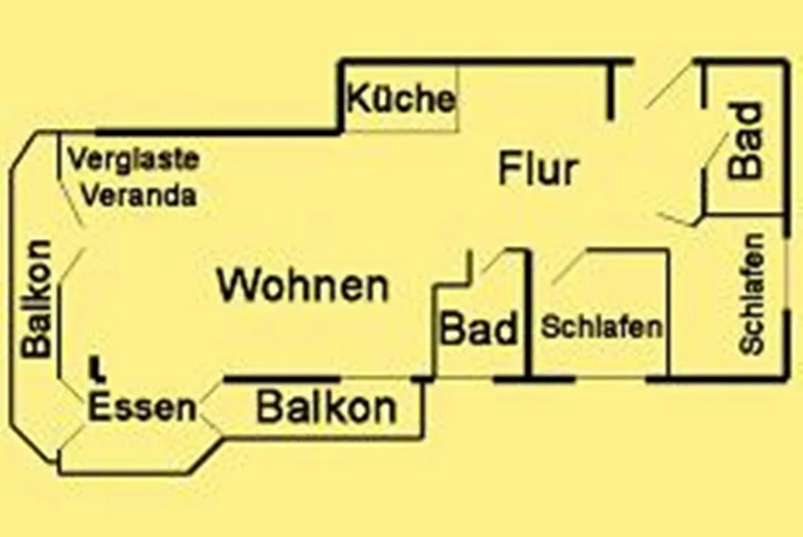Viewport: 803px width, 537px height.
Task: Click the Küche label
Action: coord(401,100)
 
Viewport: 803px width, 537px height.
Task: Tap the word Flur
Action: coord(538,170)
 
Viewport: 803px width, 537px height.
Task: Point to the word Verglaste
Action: coord(133,159)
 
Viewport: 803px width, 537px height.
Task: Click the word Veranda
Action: coord(138,195)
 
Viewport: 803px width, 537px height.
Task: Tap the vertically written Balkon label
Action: coord(38,298)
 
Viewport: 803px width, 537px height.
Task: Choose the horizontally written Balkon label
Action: coord(327,408)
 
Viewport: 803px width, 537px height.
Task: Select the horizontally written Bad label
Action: coord(479,329)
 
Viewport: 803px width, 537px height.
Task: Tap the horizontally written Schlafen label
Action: coord(601,327)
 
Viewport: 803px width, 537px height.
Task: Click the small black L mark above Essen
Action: coord(96,368)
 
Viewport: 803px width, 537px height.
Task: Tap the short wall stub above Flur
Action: coord(609,90)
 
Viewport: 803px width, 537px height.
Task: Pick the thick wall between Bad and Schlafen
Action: coord(529,314)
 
